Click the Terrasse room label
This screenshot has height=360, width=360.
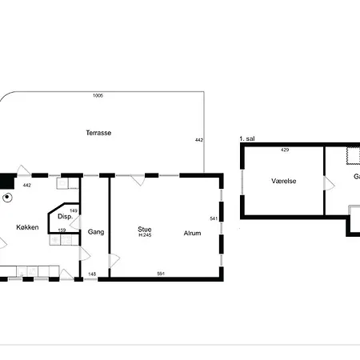click(98, 133)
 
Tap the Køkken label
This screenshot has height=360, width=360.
click(27, 227)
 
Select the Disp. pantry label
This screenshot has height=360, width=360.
click(65, 217)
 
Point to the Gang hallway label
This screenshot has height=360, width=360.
click(96, 232)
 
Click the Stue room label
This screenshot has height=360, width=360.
click(145, 230)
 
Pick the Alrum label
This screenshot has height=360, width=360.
click(192, 234)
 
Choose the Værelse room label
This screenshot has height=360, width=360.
click(284, 181)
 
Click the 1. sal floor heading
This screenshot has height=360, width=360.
click(247, 138)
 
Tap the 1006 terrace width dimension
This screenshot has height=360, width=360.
click(98, 95)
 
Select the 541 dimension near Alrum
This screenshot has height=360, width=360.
click(214, 218)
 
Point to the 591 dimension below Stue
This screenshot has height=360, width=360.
click(161, 274)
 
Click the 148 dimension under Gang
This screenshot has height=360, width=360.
click(92, 274)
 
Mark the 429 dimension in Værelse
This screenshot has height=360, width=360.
click(285, 150)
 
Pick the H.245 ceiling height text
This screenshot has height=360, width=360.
click(145, 235)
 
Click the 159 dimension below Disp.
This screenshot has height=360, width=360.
click(62, 230)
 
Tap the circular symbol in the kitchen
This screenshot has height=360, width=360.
click(7, 198)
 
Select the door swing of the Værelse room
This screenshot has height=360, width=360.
click(329, 183)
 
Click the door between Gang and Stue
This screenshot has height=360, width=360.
click(114, 261)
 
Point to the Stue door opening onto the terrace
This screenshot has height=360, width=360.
click(138, 180)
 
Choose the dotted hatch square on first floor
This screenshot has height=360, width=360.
click(353, 155)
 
